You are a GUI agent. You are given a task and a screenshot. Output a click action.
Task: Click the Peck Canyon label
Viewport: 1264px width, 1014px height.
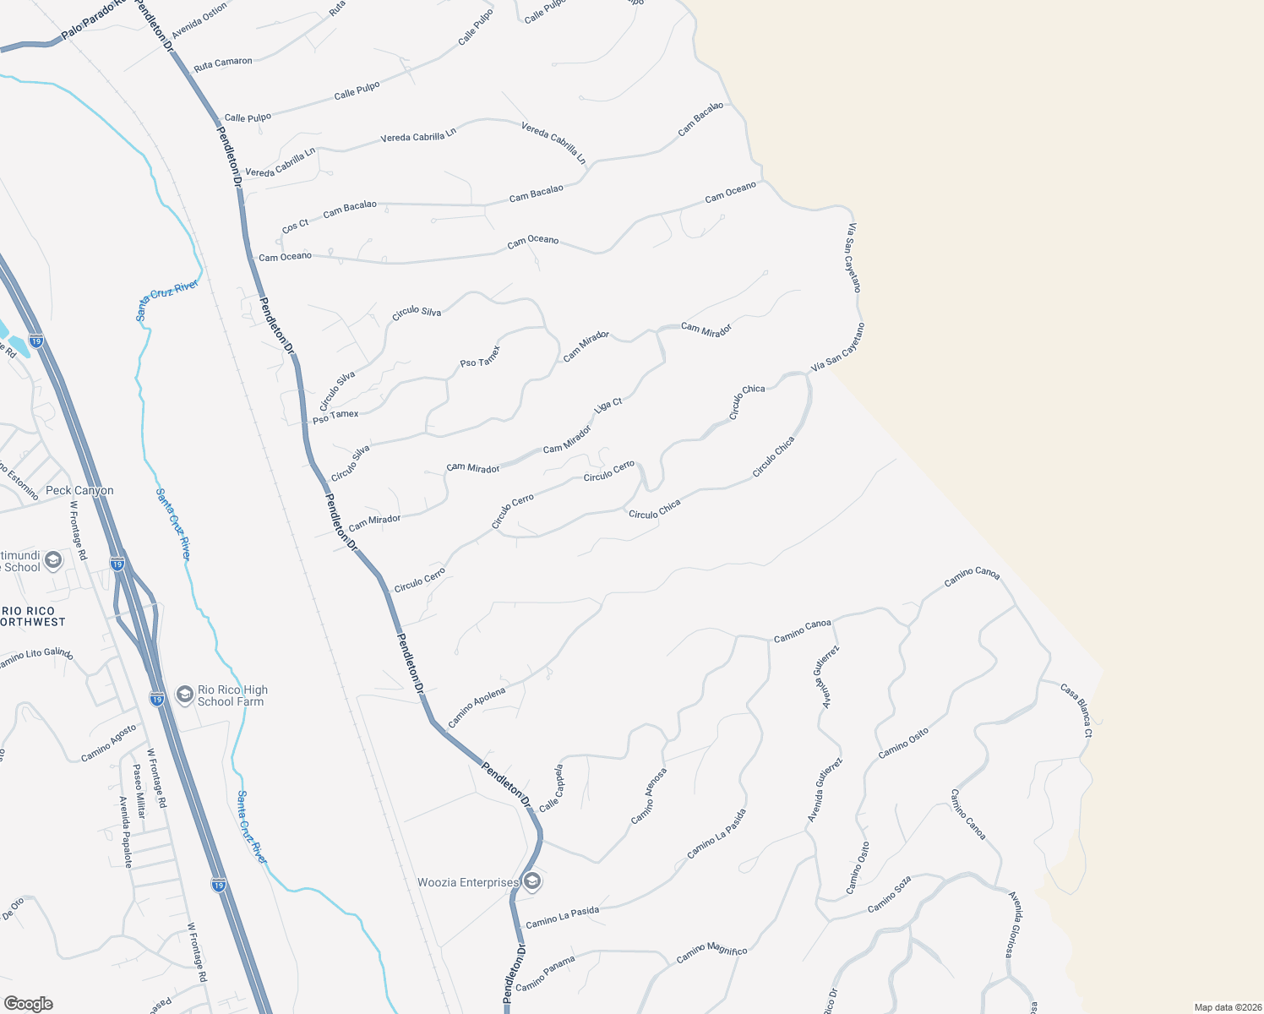point(79,490)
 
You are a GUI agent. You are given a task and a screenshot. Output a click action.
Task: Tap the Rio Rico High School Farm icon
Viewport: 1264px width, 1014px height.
point(184,695)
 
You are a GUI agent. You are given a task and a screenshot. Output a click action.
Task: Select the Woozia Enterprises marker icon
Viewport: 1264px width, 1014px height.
point(531,882)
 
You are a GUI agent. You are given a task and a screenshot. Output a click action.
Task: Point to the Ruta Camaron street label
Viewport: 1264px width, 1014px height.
point(223,63)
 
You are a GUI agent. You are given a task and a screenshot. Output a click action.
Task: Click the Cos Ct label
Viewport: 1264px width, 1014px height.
point(296,226)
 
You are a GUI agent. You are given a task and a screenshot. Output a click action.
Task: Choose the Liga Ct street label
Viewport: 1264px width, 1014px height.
point(608,405)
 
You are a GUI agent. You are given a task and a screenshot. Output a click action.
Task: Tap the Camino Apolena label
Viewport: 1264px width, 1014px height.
point(477,707)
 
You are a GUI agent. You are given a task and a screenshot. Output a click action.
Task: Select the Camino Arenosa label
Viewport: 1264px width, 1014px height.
point(649,796)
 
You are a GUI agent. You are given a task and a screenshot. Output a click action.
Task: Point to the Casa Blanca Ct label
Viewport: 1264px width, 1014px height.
point(1076,710)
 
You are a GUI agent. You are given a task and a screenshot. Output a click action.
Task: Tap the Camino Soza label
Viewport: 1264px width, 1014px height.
point(890,895)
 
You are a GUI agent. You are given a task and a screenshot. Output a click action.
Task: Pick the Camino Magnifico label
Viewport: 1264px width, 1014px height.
point(711,953)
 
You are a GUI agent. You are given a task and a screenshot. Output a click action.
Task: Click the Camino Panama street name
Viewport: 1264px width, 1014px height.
point(545,973)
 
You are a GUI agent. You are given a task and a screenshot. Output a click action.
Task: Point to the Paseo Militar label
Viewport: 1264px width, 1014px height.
point(139,791)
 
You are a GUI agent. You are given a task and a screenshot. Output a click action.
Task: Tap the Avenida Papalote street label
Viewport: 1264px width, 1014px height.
point(125,832)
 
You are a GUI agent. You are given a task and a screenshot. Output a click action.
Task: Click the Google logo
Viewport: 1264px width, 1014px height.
point(29,1004)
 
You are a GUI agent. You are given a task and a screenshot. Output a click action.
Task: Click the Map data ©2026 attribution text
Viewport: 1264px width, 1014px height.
point(1225,1007)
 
